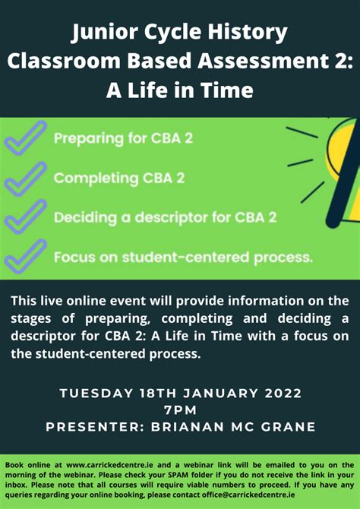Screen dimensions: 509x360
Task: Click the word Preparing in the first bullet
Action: (86, 139)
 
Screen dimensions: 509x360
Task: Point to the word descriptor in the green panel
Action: (168, 217)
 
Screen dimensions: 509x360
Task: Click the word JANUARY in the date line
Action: (223, 394)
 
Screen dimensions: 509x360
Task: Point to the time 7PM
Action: (180, 410)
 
